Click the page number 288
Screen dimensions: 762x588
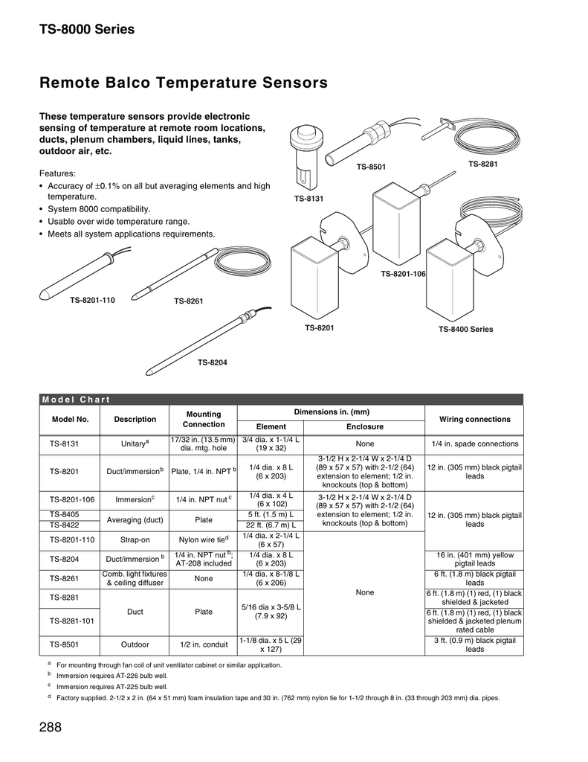(50, 727)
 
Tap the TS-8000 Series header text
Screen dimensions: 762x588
(87, 30)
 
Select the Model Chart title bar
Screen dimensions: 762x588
(281, 399)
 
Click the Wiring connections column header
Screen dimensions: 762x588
(475, 419)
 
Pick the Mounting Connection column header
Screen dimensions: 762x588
(203, 419)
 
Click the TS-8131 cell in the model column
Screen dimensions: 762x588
(64, 444)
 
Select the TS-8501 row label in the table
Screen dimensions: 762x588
(64, 644)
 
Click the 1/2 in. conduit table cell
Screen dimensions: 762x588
(203, 644)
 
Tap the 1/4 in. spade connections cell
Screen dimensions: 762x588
(475, 444)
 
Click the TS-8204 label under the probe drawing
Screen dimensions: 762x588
(212, 362)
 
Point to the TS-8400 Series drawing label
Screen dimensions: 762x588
(465, 329)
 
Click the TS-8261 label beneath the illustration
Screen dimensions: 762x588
(189, 301)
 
